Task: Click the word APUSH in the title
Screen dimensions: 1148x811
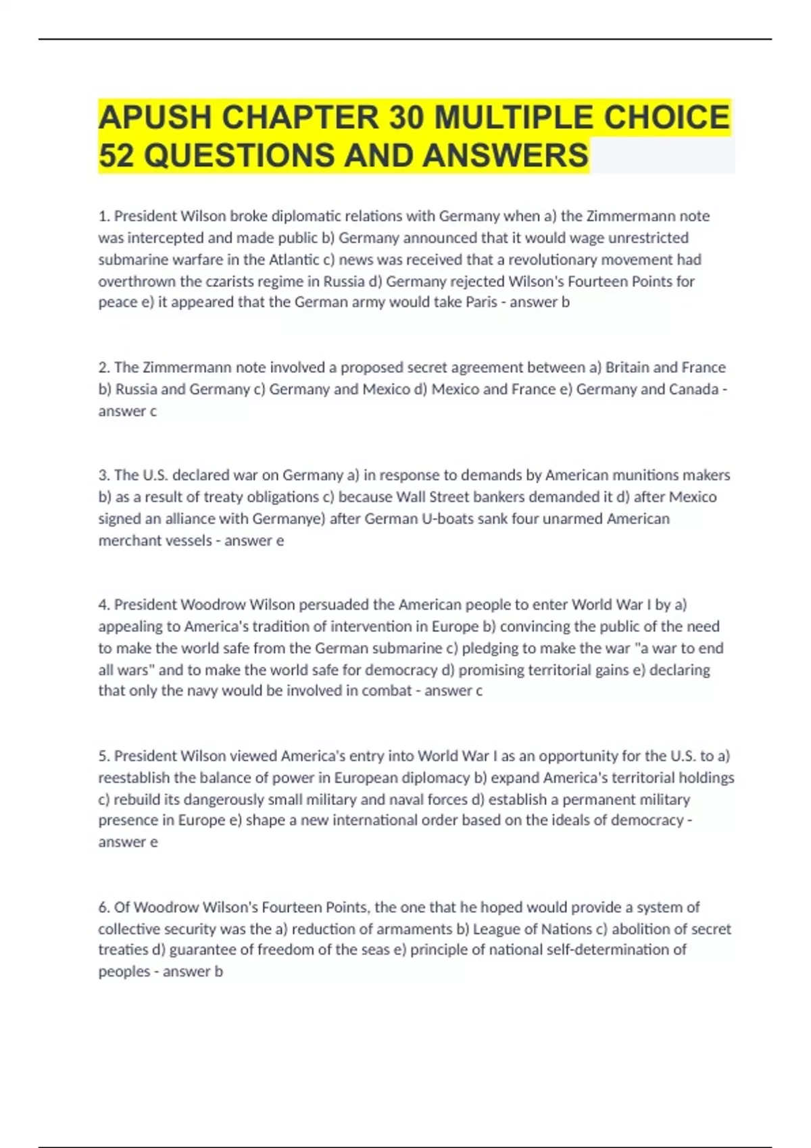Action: pyautogui.click(x=155, y=118)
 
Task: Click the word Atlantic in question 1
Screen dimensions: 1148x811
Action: pyautogui.click(x=294, y=259)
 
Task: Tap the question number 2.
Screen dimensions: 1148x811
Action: pyautogui.click(x=104, y=367)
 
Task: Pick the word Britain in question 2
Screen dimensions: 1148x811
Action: pyautogui.click(x=626, y=367)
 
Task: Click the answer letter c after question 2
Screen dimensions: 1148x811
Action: pyautogui.click(x=153, y=411)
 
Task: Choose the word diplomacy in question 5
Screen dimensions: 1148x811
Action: pyautogui.click(x=436, y=777)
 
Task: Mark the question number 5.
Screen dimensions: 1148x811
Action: pyautogui.click(x=104, y=756)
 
